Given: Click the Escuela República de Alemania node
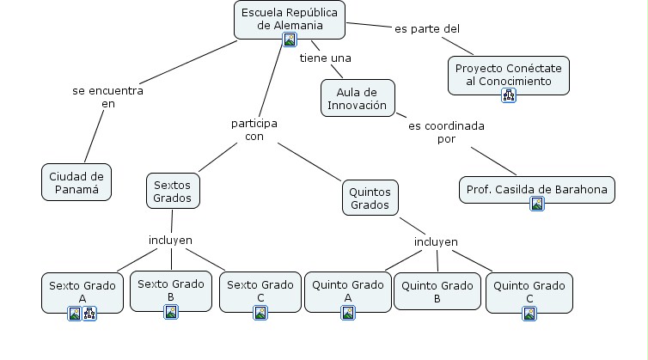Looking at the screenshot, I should click(289, 18).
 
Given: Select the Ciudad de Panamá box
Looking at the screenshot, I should click(76, 181).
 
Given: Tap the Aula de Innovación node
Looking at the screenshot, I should click(357, 99).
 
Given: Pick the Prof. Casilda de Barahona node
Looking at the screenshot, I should click(537, 189).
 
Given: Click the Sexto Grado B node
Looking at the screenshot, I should click(170, 290).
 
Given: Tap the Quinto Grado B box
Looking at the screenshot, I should click(437, 291).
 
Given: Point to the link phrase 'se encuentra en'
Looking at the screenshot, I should click(107, 96).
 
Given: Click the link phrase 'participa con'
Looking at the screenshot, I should click(254, 129).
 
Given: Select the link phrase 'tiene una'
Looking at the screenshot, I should click(325, 58).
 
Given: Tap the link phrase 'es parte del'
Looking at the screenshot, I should click(427, 28).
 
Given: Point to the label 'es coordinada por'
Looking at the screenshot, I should click(446, 131).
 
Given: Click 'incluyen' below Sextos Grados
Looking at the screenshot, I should click(171, 240).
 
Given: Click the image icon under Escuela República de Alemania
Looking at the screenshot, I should click(290, 40).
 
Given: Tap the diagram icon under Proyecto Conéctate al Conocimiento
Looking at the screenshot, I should click(509, 95).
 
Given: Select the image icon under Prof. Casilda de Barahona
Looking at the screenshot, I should click(537, 204).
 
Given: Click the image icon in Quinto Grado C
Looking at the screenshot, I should click(529, 314).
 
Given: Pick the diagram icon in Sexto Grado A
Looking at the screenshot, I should click(89, 314).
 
